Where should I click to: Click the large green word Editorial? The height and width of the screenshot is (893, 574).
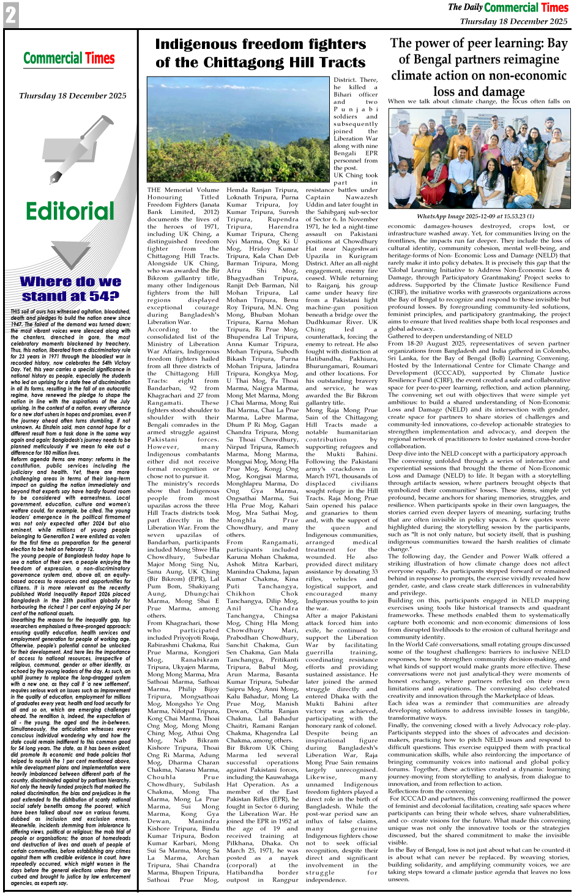[70, 212]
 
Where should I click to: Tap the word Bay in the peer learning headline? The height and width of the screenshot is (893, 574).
[557, 43]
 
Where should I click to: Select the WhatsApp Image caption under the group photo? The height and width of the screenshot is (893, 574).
[475, 217]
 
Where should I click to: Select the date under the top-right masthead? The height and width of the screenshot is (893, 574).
[513, 21]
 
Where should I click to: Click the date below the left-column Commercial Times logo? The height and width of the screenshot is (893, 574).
[72, 95]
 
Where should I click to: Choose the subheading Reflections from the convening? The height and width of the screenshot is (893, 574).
[431, 791]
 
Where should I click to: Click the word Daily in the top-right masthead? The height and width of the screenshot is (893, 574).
[473, 7]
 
